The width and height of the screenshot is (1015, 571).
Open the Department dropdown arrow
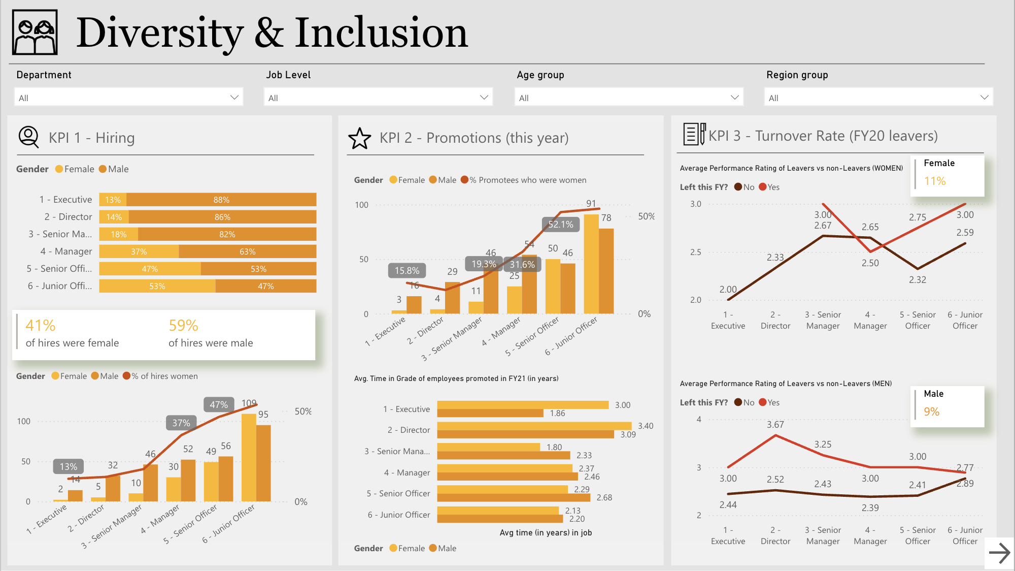click(x=234, y=98)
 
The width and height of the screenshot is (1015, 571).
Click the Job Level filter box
click(x=378, y=98)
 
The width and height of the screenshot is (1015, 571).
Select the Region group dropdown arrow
click(x=984, y=98)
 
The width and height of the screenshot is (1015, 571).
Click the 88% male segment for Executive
click(x=221, y=200)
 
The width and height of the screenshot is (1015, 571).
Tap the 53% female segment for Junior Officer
click(x=157, y=287)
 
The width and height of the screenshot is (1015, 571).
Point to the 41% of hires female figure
click(x=41, y=326)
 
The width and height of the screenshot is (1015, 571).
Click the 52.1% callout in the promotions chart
click(x=560, y=225)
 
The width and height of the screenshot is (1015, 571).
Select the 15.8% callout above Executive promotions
click(x=407, y=271)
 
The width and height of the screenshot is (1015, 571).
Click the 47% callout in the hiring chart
click(x=219, y=405)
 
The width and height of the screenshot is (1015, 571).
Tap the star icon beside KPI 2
click(x=359, y=138)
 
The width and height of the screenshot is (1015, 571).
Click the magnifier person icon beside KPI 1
click(x=28, y=137)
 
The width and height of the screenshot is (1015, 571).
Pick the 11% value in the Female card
click(x=934, y=181)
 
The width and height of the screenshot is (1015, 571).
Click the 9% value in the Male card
click(x=931, y=412)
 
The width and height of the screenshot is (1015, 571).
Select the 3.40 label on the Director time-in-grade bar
click(x=645, y=426)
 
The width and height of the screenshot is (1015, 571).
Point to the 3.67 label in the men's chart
click(x=775, y=425)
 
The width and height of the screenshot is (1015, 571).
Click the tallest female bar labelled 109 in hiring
click(x=249, y=457)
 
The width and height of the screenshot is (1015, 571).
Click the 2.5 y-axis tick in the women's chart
click(x=695, y=252)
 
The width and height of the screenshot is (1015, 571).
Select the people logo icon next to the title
click(x=35, y=33)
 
